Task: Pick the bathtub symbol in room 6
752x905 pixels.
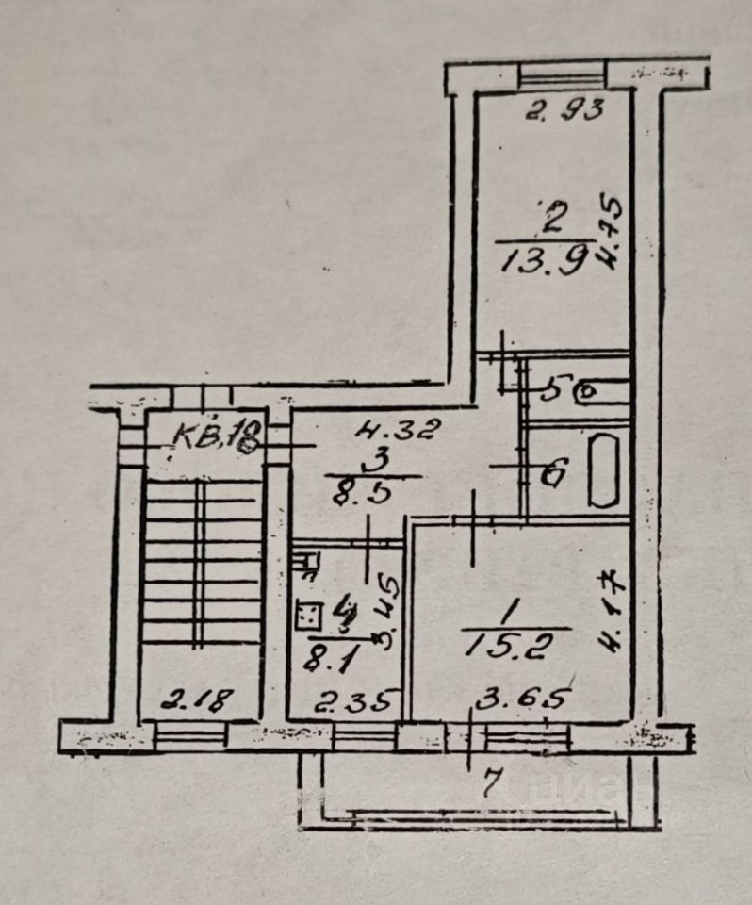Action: (601, 470)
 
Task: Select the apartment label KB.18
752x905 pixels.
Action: (217, 436)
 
